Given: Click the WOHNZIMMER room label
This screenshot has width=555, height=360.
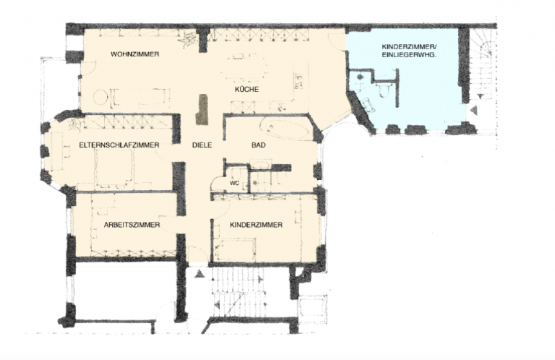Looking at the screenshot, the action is coord(134,54).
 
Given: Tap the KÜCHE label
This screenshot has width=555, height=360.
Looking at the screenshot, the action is coord(246,89).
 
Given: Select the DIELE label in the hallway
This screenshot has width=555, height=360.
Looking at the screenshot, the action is coord(202,145).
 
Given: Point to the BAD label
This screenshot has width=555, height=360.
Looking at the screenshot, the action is coord(259,145).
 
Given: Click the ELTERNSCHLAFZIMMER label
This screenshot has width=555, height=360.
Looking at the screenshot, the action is coord(119,145).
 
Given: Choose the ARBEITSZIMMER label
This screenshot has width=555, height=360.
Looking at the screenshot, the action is coord(132,225).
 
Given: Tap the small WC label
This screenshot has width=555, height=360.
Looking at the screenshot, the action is coord(235,184).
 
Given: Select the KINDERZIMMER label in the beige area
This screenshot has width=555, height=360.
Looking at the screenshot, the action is coord(256,225).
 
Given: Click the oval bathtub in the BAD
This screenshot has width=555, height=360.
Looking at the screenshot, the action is coord(285,129).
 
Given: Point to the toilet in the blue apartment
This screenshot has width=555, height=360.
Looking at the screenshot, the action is coord(383,89).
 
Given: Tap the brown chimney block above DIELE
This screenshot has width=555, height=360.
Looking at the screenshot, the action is coord(202,109).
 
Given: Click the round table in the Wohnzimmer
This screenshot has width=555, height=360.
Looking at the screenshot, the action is coord(101,97).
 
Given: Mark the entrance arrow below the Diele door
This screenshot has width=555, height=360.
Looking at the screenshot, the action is coord(199,273).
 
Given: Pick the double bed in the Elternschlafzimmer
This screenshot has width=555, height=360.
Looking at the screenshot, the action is coord(114,168).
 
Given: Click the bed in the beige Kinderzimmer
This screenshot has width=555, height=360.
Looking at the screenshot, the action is coord(236,249).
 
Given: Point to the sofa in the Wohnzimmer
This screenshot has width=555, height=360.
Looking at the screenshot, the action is coord(140,97).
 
